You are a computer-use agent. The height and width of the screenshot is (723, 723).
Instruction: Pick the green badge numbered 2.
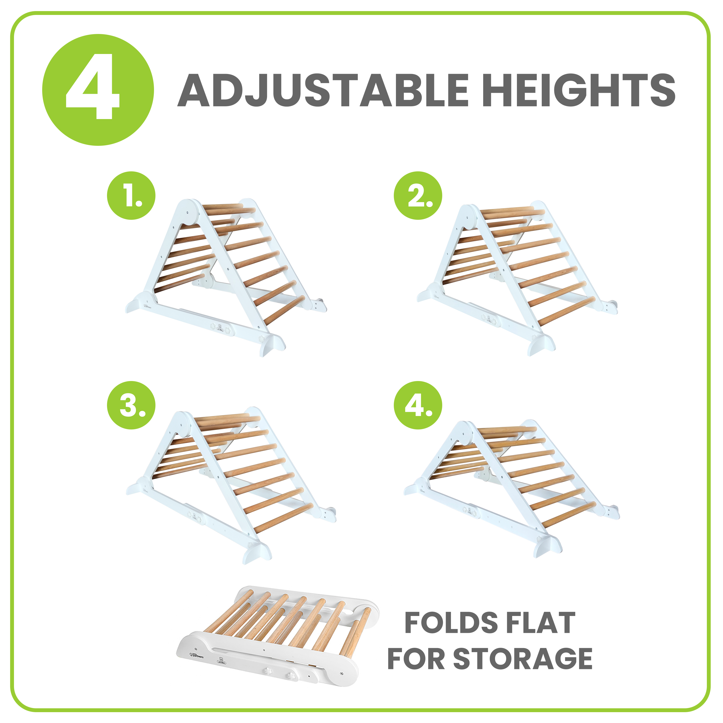pos(418,195)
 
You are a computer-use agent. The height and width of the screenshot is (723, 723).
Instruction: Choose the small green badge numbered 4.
pos(418,405)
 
